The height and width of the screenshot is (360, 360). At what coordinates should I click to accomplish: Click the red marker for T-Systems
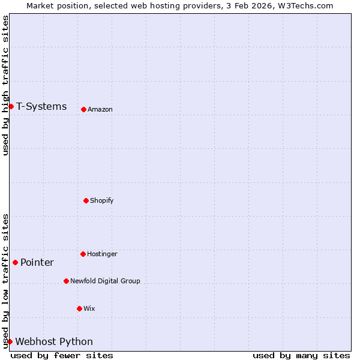pos(11,107)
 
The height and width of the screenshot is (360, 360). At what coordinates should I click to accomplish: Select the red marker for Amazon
pos(83,109)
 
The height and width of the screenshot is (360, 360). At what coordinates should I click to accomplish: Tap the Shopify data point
pos(86,200)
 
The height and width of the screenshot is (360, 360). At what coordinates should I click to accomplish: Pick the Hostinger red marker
pos(83,254)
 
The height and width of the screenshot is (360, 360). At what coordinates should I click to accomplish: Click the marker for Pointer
pos(15,262)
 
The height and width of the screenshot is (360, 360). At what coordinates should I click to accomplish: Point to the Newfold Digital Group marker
pos(66,281)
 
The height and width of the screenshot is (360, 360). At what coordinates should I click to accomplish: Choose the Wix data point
pos(79,308)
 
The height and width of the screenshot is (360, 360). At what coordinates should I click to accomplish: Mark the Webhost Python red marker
pos(10,341)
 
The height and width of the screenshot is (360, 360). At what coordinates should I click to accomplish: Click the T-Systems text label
pos(41,107)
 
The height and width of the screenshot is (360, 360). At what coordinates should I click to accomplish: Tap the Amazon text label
pos(100,109)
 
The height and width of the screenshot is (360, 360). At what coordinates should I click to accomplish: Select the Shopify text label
pos(101,200)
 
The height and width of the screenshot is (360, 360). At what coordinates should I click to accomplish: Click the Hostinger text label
pos(102,254)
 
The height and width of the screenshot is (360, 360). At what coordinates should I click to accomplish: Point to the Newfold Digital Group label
pos(105,281)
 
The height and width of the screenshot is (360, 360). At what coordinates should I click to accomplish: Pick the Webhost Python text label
pos(54,342)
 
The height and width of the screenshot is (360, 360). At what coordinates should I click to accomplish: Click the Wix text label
pos(89,308)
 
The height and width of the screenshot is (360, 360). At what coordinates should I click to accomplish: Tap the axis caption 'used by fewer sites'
pos(62,356)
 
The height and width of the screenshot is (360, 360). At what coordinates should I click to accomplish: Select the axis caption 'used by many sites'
pos(301,356)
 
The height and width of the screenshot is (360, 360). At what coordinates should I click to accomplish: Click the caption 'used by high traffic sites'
pos(5,86)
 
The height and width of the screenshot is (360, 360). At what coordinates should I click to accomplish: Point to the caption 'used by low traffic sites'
pos(5,281)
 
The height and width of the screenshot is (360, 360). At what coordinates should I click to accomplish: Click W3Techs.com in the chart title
pos(305,5)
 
